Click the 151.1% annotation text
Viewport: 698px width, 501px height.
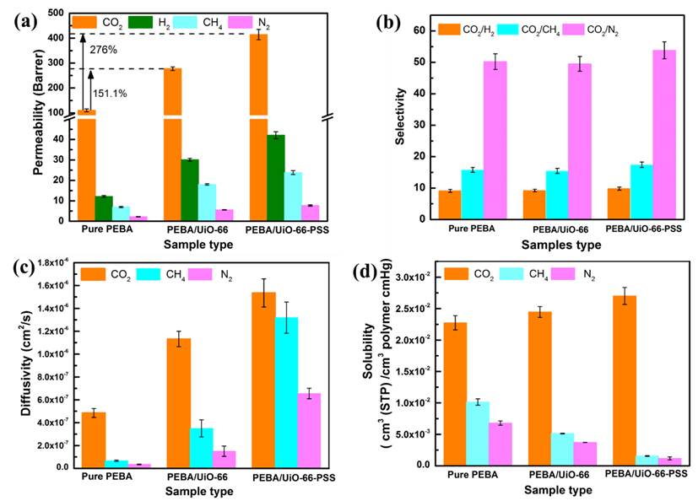point(110,93)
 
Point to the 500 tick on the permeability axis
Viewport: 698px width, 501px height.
point(58,13)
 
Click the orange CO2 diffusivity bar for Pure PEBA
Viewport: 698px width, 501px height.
point(93,439)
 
